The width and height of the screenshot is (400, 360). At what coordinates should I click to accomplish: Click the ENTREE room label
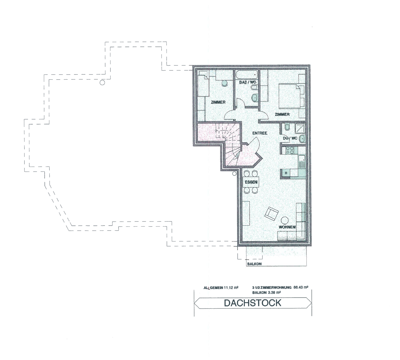click(260, 133)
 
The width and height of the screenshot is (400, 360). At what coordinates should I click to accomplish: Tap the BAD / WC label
click(248, 82)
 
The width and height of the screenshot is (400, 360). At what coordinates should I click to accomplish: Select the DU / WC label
click(290, 138)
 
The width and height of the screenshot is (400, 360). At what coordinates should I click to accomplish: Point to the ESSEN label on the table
click(251, 182)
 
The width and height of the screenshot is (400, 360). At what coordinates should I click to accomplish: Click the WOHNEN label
click(287, 227)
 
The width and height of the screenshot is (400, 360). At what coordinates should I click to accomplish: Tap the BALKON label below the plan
click(254, 264)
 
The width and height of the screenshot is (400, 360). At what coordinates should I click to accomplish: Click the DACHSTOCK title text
click(253, 303)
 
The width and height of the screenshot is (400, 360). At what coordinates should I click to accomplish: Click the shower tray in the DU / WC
click(300, 128)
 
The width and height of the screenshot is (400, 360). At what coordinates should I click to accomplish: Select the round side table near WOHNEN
click(284, 220)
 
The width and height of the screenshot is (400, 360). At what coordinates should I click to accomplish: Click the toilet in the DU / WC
click(287, 127)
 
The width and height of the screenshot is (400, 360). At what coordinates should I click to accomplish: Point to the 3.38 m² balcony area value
click(275, 292)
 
